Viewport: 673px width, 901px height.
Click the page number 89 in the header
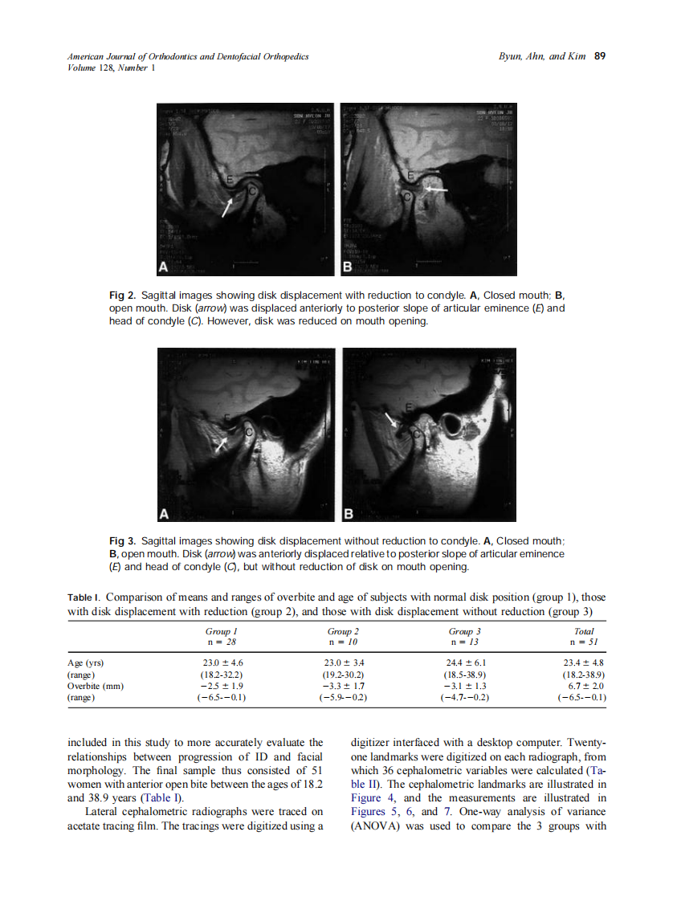[599, 57]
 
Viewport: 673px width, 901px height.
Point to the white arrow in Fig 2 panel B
[436, 189]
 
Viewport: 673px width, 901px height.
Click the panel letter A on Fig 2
[164, 266]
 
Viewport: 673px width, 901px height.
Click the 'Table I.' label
[83, 597]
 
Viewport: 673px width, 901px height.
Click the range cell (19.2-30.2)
[343, 675]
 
